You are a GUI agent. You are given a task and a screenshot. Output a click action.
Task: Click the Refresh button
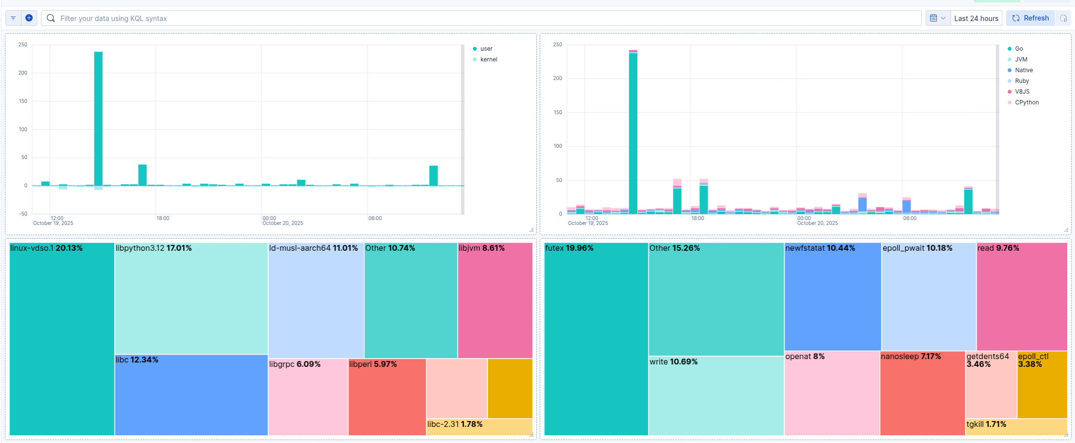click(x=1030, y=18)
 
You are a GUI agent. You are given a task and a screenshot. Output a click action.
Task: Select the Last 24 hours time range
click(x=976, y=18)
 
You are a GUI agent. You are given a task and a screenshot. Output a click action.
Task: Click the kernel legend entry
click(x=488, y=60)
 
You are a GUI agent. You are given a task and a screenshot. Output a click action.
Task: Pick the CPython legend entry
click(x=1027, y=102)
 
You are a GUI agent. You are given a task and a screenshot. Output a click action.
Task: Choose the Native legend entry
click(x=1024, y=70)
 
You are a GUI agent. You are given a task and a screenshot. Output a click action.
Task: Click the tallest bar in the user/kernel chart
click(x=98, y=117)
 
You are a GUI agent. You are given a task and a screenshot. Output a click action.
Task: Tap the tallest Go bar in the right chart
click(x=633, y=132)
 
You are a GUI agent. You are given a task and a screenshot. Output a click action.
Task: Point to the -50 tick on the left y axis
click(x=23, y=214)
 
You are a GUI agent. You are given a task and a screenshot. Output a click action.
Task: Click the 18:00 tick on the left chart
click(x=163, y=218)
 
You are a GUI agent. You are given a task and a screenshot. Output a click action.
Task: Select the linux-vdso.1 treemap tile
click(x=62, y=342)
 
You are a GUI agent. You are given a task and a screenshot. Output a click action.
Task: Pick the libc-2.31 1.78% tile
click(x=479, y=427)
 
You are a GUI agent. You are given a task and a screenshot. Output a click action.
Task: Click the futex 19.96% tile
click(x=596, y=342)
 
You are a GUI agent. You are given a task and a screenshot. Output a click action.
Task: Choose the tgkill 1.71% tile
click(x=1016, y=427)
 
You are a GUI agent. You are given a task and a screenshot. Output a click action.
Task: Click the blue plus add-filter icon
click(x=29, y=18)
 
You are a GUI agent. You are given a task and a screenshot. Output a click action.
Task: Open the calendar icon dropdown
click(x=937, y=18)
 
